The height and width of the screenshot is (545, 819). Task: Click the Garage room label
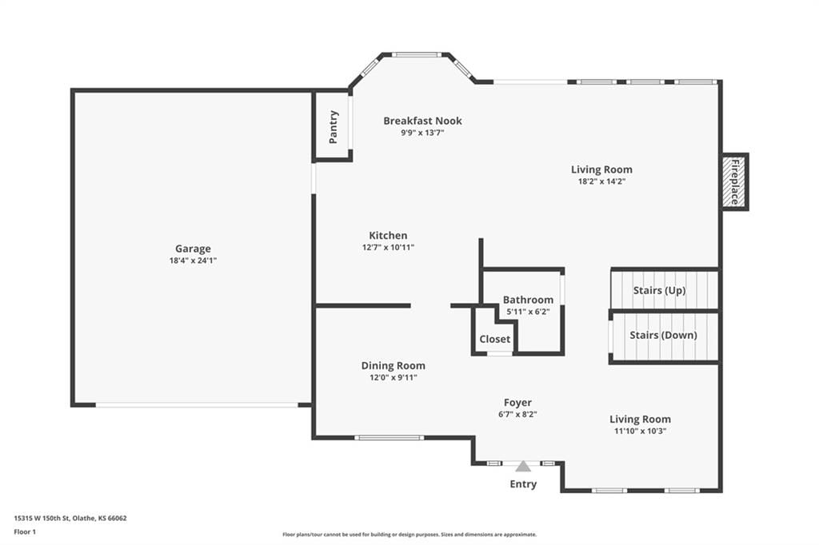tap(193, 249)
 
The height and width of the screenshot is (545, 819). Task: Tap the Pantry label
tap(334, 127)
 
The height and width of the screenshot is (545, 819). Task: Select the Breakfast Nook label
tap(422, 121)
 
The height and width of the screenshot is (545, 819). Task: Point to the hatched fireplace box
tap(734, 181)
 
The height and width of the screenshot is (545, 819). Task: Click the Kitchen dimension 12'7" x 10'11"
tap(388, 248)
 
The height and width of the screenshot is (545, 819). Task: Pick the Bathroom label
tap(528, 300)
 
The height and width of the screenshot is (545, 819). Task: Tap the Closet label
tap(494, 339)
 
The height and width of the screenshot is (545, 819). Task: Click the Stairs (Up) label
tap(659, 290)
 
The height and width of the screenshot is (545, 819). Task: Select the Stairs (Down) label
tap(663, 335)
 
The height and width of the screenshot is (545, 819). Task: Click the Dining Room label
tap(394, 365)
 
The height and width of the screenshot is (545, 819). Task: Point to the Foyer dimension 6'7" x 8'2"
tap(517, 415)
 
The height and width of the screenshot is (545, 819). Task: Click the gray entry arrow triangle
tap(523, 466)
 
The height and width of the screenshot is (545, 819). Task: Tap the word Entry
tap(523, 484)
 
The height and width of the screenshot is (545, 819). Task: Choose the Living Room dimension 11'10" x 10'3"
tap(641, 432)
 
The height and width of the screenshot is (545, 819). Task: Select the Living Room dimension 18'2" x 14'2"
tap(601, 181)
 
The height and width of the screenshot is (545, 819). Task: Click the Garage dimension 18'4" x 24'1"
tap(193, 261)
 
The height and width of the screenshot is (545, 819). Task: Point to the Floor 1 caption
tap(25, 532)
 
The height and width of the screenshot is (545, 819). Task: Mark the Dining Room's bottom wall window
tap(390, 437)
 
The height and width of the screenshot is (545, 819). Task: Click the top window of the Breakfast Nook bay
tap(417, 54)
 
